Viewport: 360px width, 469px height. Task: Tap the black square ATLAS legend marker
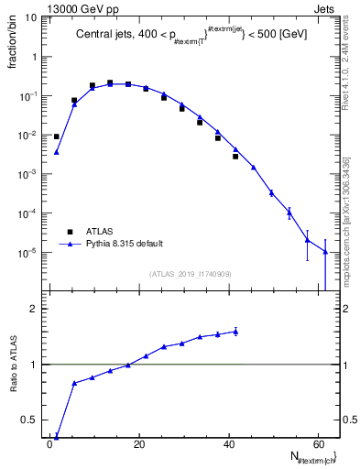[x=67, y=231]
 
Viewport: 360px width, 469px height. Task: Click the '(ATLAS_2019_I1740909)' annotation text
[x=191, y=274]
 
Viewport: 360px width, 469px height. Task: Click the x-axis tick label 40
[x=227, y=443]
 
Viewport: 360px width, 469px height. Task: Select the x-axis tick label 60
[x=315, y=443]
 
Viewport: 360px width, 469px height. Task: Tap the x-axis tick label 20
[x=138, y=443]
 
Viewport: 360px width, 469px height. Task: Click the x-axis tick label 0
[x=50, y=443]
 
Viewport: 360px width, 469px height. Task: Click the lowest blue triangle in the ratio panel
[x=57, y=437]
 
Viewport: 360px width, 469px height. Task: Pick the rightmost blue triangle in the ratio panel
[x=235, y=332]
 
